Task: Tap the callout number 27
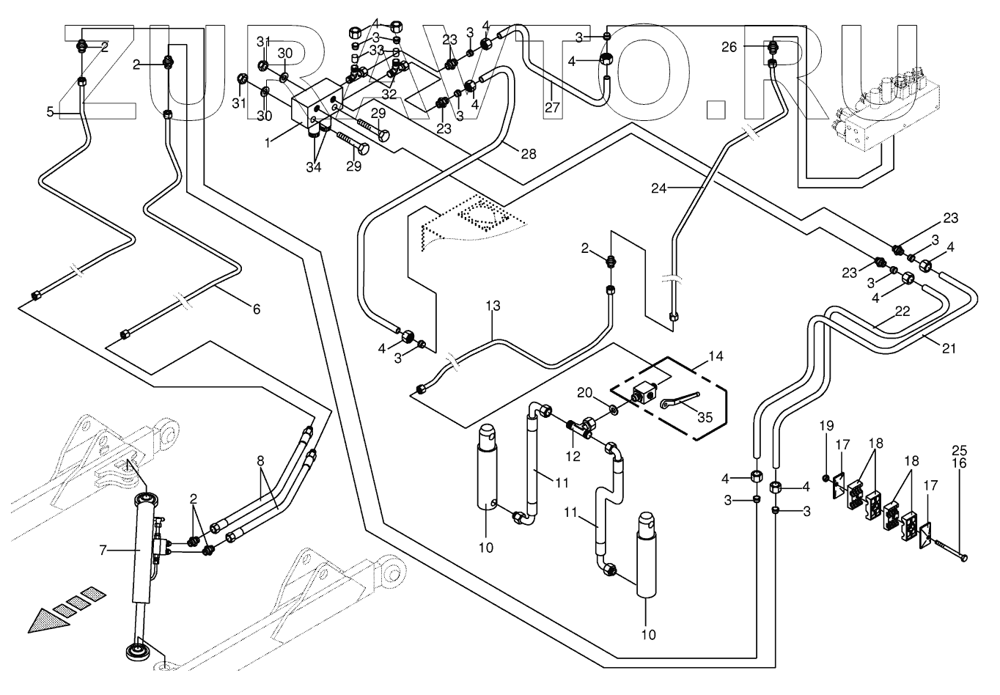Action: pyautogui.click(x=551, y=107)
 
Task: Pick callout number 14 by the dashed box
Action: pyautogui.click(x=716, y=357)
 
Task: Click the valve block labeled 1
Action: pyautogui.click(x=312, y=110)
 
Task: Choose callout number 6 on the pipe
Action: pyautogui.click(x=256, y=309)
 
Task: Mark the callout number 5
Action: pyautogui.click(x=50, y=112)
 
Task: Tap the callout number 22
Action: pyautogui.click(x=902, y=311)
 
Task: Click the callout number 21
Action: pyautogui.click(x=949, y=349)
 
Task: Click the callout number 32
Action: pyautogui.click(x=388, y=95)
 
